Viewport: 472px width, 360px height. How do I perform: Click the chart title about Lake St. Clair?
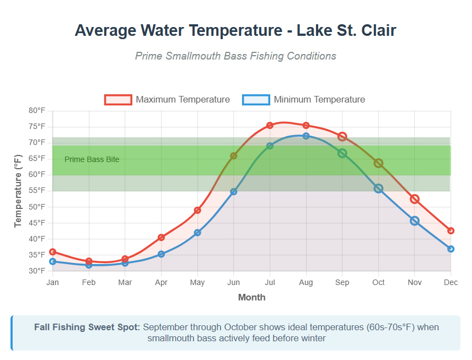(x=235, y=30)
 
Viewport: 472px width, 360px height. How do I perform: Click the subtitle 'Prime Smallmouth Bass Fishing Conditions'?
(x=235, y=56)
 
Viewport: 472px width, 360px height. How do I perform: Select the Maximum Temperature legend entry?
(x=168, y=100)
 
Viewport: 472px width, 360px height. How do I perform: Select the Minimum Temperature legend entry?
(x=304, y=100)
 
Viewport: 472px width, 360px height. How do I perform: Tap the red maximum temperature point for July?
(x=270, y=126)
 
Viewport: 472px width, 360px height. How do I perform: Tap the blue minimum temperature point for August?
(x=306, y=136)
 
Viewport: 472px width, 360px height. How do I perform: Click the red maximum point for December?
(x=450, y=230)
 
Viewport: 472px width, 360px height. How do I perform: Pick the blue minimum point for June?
(x=234, y=192)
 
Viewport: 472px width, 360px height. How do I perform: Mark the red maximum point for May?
(x=197, y=210)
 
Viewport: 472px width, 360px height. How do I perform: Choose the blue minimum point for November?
(x=415, y=221)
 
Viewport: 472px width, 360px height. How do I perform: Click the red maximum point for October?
(x=378, y=163)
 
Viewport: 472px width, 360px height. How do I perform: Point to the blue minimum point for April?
(x=161, y=254)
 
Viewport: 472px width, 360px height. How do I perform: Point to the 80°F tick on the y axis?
(x=37, y=111)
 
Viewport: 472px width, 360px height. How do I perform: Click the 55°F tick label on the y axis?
(x=37, y=191)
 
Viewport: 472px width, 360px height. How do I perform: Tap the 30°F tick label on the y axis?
(x=37, y=271)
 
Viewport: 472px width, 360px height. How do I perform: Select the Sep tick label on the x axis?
(x=342, y=283)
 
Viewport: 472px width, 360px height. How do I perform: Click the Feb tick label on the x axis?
(x=89, y=283)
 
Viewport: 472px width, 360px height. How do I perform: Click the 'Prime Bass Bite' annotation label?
(x=92, y=159)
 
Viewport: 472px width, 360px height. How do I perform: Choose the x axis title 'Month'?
(x=251, y=297)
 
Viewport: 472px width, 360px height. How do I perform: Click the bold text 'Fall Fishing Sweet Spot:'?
(x=87, y=327)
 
